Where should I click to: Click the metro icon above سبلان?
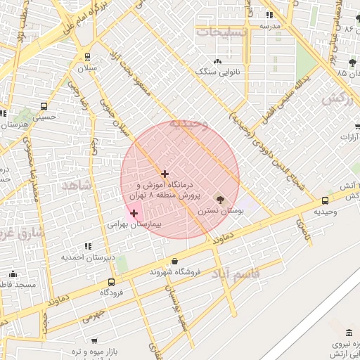[x=87, y=57]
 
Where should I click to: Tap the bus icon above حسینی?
[x=44, y=108]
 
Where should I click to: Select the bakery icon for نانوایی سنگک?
[x=217, y=61]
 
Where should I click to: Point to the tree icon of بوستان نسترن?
[x=219, y=200]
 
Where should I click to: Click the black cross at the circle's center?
[x=165, y=174]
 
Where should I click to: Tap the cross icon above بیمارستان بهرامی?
[x=134, y=213]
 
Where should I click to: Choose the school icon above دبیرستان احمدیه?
[x=88, y=246]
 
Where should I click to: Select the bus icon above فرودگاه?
[x=112, y=282]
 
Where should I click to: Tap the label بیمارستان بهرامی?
[x=134, y=225]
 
